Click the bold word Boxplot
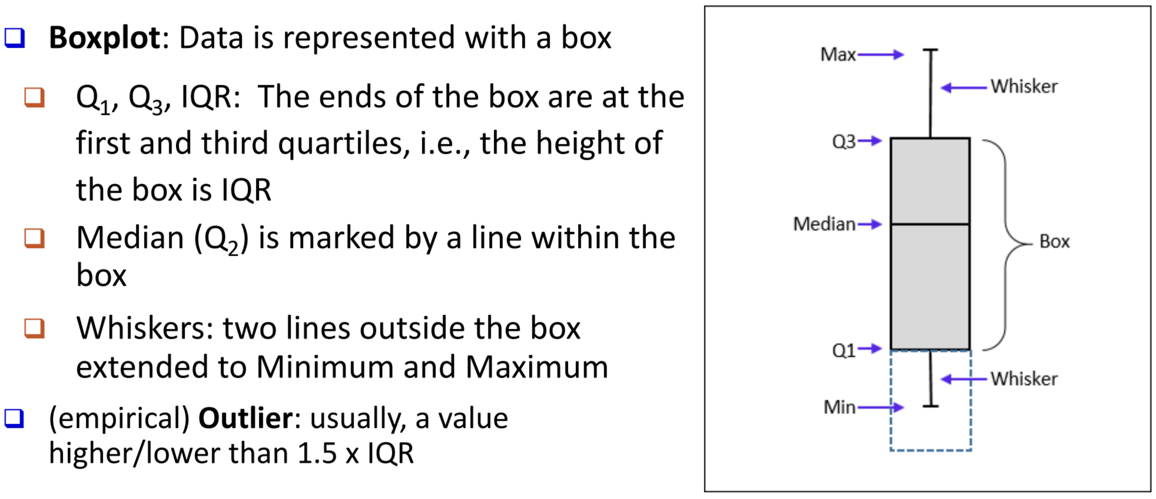[104, 38]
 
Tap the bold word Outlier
[245, 419]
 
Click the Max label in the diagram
[837, 55]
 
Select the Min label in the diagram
[839, 408]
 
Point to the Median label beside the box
[824, 224]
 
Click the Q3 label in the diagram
[843, 142]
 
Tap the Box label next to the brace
[1054, 242]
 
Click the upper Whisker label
[1024, 87]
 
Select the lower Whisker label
[1024, 379]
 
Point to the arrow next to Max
[880, 55]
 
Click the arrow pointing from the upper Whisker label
[963, 87]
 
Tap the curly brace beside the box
[1005, 245]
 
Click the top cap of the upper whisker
[930, 50]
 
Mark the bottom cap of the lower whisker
[930, 407]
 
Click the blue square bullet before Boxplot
[14, 38]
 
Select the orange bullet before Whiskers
[35, 328]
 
